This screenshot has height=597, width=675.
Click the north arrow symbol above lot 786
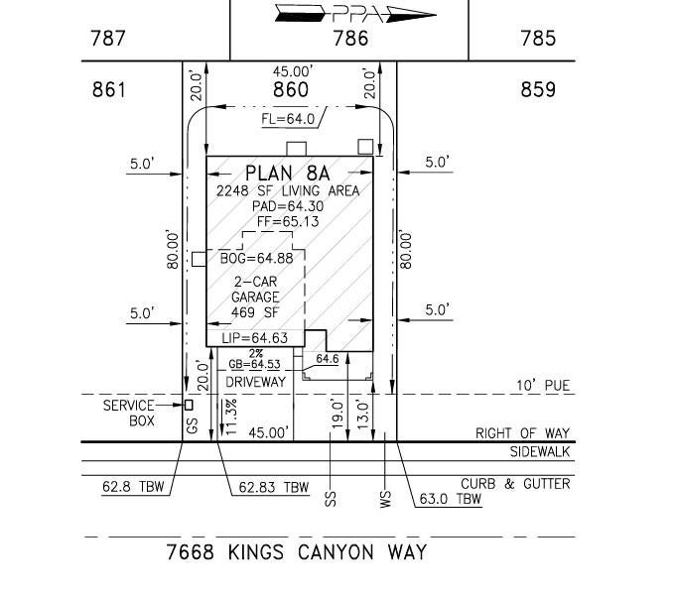pyautogui.click(x=355, y=14)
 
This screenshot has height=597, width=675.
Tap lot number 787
pyautogui.click(x=107, y=39)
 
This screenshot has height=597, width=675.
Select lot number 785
pyautogui.click(x=538, y=39)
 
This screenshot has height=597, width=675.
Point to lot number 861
pyautogui.click(x=109, y=90)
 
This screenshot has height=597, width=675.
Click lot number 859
pyautogui.click(x=538, y=90)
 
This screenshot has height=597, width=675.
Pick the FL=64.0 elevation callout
pyautogui.click(x=288, y=119)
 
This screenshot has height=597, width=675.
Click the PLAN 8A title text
pyautogui.click(x=287, y=174)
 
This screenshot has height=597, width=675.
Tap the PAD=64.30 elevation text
pyautogui.click(x=288, y=206)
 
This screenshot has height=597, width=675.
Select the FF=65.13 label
pyautogui.click(x=288, y=221)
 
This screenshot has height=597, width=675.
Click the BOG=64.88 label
pyautogui.click(x=256, y=259)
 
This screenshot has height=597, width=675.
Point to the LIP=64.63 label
pyautogui.click(x=254, y=338)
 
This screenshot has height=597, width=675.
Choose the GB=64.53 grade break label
pyautogui.click(x=254, y=364)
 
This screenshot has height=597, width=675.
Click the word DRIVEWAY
pyautogui.click(x=256, y=382)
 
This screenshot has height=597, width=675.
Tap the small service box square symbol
pyautogui.click(x=189, y=405)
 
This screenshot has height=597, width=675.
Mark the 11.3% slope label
pyautogui.click(x=230, y=417)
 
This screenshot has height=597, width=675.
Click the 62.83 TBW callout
pyautogui.click(x=274, y=487)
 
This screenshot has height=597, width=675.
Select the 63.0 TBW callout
pyautogui.click(x=450, y=499)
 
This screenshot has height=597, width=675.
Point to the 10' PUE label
pyautogui.click(x=543, y=386)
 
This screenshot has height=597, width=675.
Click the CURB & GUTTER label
pyautogui.click(x=515, y=484)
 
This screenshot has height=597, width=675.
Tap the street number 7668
pyautogui.click(x=190, y=552)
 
